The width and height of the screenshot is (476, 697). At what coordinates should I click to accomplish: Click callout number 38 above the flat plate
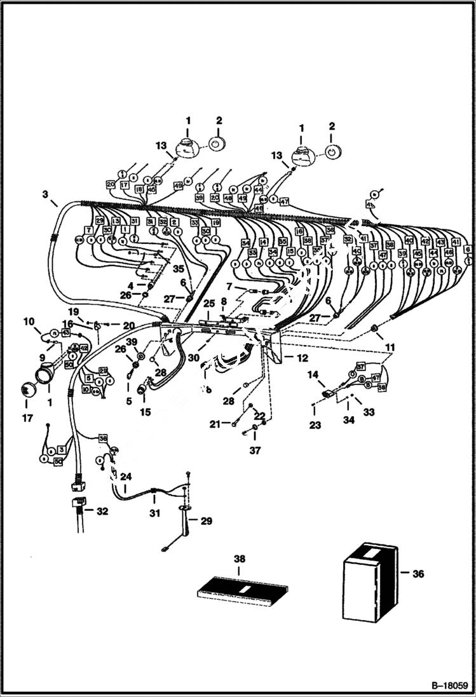pyautogui.click(x=238, y=559)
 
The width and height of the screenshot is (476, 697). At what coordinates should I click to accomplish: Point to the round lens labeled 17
pyautogui.click(x=27, y=390)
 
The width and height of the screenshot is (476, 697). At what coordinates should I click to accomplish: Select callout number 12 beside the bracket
pyautogui.click(x=301, y=358)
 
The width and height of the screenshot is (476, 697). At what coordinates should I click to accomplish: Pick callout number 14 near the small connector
pyautogui.click(x=313, y=376)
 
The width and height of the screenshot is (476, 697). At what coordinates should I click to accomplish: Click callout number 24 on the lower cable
pyautogui.click(x=126, y=475)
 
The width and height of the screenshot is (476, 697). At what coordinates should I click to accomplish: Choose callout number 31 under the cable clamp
pyautogui.click(x=152, y=514)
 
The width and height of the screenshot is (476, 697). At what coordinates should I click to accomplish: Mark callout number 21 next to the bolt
pyautogui.click(x=217, y=423)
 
